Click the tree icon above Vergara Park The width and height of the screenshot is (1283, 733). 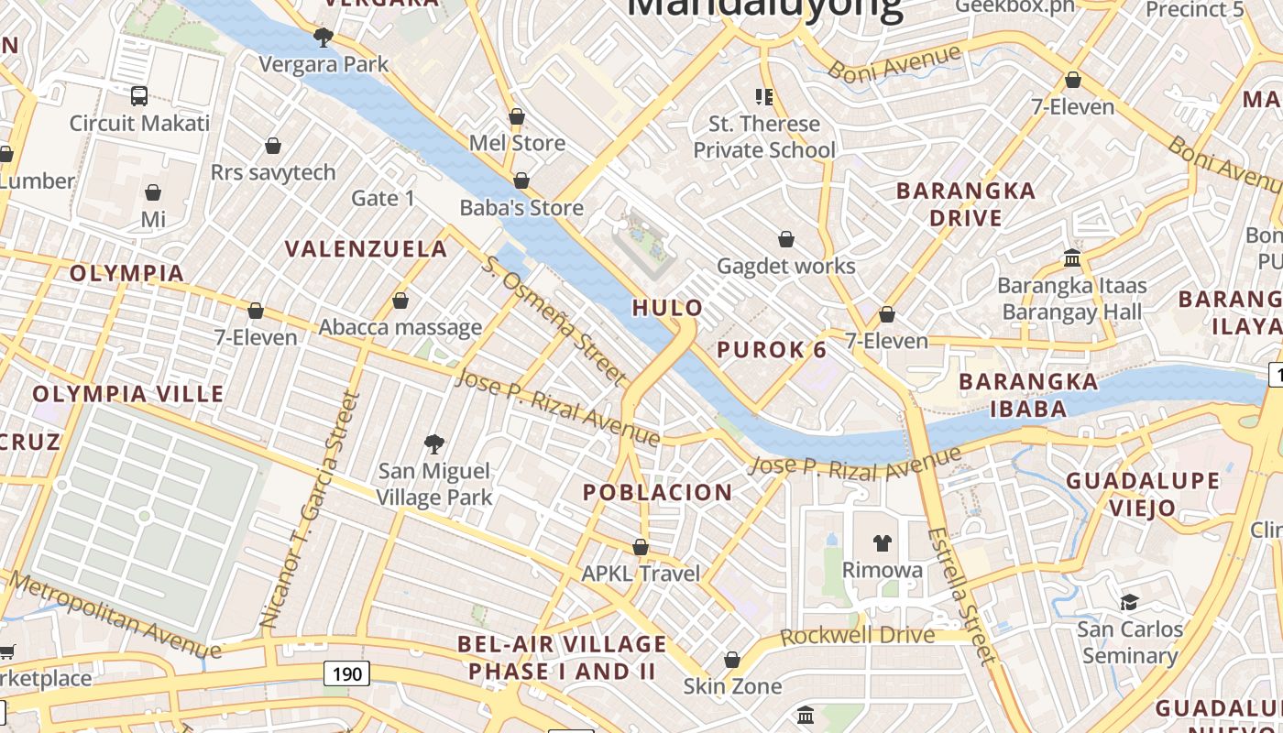click(x=323, y=38)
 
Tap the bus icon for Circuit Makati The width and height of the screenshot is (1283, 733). click(x=139, y=96)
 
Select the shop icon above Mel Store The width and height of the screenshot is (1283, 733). click(x=517, y=117)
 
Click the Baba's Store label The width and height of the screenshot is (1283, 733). click(x=521, y=208)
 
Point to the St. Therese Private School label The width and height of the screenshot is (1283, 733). click(x=763, y=137)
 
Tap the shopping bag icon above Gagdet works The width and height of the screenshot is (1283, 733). click(x=786, y=240)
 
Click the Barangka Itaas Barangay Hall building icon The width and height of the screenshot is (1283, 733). click(x=1072, y=258)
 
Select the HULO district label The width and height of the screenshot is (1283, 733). click(x=668, y=308)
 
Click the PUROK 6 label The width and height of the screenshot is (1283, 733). click(x=772, y=349)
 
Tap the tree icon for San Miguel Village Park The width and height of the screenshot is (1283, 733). click(x=434, y=445)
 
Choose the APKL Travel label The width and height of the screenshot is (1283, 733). click(x=641, y=574)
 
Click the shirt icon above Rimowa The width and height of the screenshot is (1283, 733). click(x=883, y=543)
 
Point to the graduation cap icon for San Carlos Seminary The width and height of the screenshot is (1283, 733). click(x=1129, y=602)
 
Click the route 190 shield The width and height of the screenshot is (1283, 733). click(x=346, y=674)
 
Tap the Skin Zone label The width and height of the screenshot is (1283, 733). click(x=732, y=686)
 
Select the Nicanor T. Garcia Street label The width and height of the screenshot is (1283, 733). click(x=308, y=509)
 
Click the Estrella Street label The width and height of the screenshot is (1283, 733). click(x=960, y=595)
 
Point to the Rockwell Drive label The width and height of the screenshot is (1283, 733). click(x=858, y=636)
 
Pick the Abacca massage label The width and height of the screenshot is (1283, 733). click(x=400, y=327)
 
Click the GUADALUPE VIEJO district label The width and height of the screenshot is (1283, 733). click(x=1142, y=494)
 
